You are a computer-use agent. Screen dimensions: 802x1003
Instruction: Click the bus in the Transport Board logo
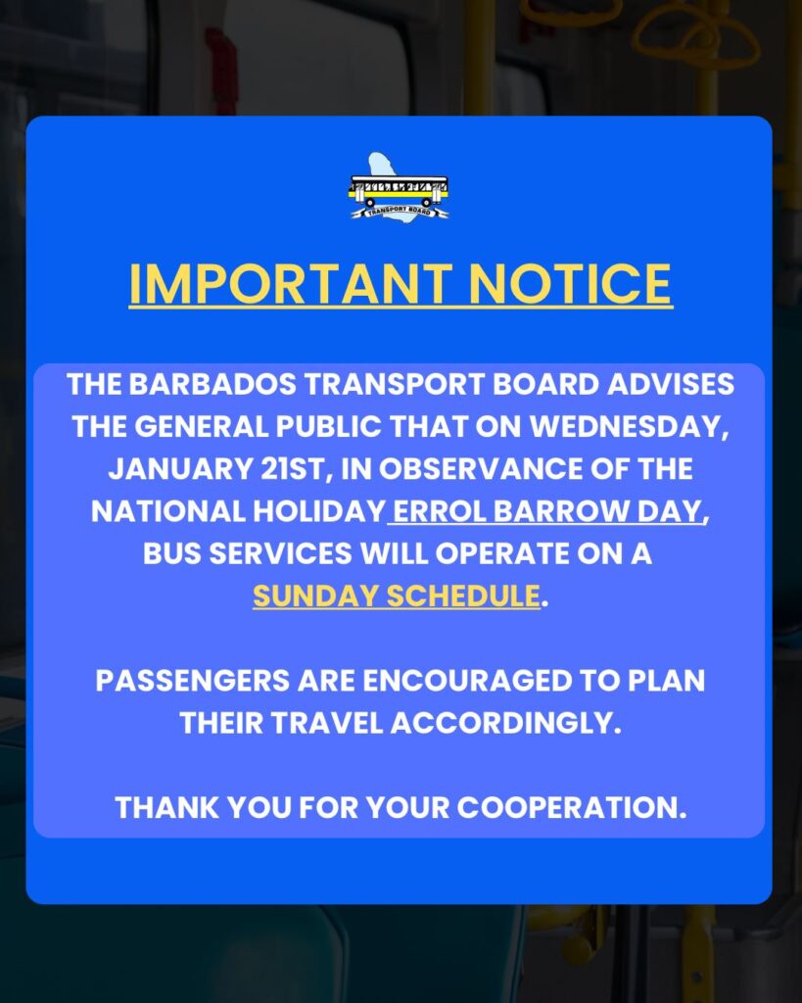pos(399,191)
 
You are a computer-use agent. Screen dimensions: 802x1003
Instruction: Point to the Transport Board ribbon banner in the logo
pos(400,212)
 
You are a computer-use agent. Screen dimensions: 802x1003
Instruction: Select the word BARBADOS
pos(212,384)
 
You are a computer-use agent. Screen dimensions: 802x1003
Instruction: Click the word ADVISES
pos(670,384)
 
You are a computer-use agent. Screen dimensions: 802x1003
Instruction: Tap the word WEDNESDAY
pos(630,427)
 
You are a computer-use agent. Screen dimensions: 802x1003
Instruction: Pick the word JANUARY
pos(181,469)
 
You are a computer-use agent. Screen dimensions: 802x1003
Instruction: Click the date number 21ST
pos(297,469)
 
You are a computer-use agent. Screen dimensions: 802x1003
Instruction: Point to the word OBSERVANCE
pos(479,469)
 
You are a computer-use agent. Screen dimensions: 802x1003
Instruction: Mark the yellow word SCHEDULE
pos(464,596)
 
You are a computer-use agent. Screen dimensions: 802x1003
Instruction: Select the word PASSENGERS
pos(193,681)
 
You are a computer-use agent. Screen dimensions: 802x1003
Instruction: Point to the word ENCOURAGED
pos(467,681)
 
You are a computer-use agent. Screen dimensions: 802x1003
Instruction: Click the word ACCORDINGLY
pos(506,723)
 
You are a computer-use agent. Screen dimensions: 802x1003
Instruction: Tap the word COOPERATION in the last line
pos(572,807)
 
